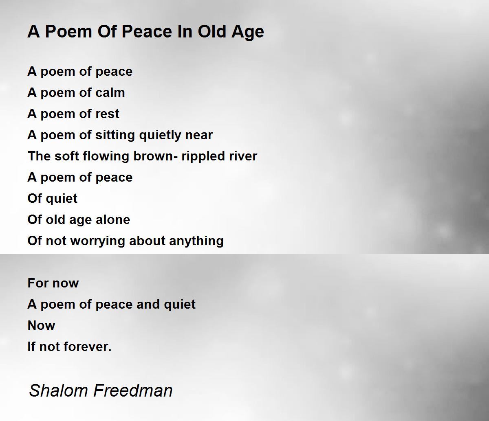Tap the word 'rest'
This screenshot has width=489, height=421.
point(107,114)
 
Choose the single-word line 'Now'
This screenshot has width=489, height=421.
point(41,326)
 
